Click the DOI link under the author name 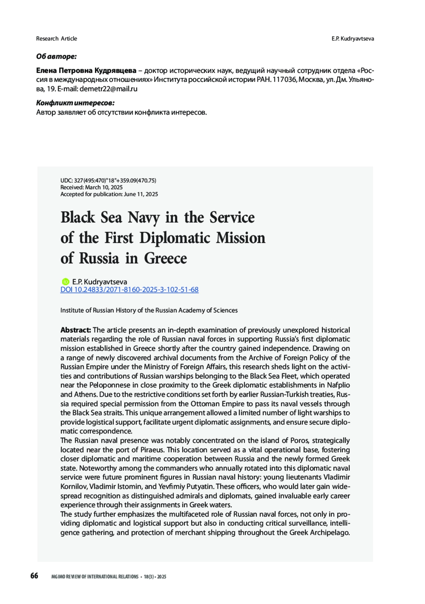point(129,290)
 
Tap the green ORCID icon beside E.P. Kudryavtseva point(65,282)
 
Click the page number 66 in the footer point(34,576)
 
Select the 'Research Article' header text point(56,39)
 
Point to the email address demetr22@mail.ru point(108,89)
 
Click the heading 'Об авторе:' point(56,56)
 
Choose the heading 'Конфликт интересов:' point(75,103)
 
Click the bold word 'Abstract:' point(76,330)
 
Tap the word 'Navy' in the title point(143,218)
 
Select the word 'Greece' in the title point(165,258)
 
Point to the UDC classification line point(108,180)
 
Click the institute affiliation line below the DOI point(149,310)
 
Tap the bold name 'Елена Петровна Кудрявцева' point(86,71)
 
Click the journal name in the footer point(95,577)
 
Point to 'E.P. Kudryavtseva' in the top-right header point(352,39)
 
